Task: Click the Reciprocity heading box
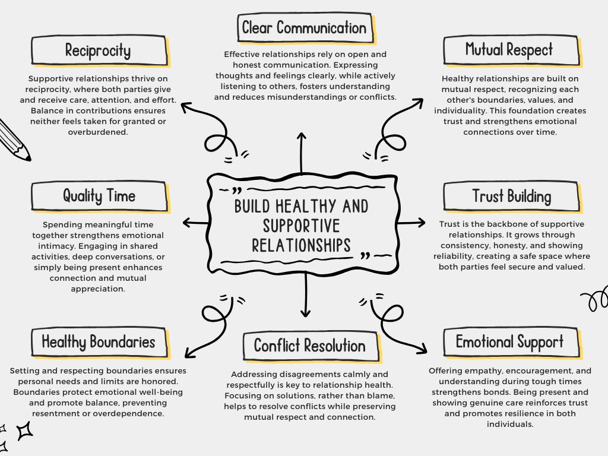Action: pos(99,50)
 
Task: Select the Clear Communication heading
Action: pos(304,28)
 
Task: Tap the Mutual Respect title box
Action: pos(509,49)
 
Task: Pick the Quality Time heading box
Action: pos(99,196)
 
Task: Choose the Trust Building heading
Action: pos(511,196)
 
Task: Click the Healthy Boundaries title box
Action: pos(99,342)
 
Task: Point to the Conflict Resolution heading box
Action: pos(309,346)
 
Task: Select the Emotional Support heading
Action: pos(509,341)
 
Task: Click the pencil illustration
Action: pos(13,140)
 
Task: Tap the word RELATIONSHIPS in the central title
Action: pos(301,245)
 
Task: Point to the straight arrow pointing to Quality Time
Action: pos(195,223)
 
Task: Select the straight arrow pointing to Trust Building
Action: pos(411,223)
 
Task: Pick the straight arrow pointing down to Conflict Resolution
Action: pos(306,297)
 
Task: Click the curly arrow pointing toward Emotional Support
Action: pos(395,321)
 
